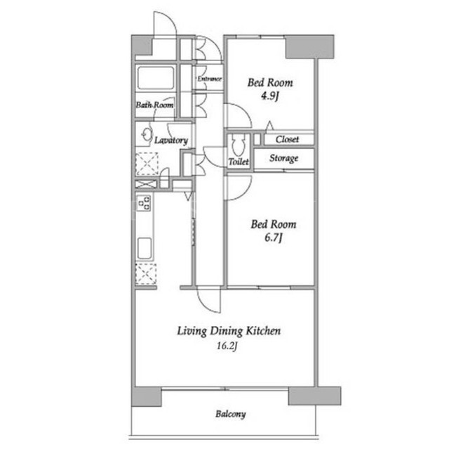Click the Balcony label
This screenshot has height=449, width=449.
231,415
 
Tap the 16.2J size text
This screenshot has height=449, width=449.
227,346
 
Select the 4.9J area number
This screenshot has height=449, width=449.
269,96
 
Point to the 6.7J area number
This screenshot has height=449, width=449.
274,237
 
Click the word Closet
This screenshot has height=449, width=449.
287,139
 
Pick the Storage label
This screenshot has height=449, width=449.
283,158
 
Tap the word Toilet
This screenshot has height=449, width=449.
239,162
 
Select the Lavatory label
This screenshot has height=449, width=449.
171,141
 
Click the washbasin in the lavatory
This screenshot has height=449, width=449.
147,134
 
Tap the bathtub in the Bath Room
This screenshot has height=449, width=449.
156,78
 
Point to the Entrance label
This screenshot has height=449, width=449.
209,79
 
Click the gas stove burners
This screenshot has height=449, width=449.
144,202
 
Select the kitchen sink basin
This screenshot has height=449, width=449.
145,248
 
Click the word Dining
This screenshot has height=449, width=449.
227,331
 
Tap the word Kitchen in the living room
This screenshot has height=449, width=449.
264,331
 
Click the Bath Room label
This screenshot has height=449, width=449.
154,105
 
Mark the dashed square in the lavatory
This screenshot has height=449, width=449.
147,164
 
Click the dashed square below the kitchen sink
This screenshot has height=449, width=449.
146,274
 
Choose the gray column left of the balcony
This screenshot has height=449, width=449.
147,396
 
